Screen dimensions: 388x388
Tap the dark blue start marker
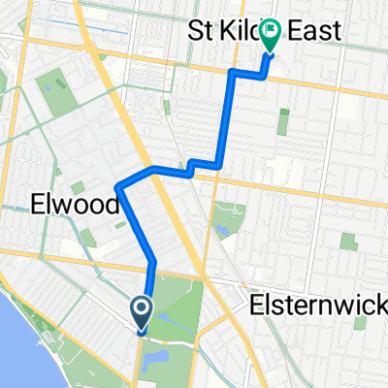(142, 312)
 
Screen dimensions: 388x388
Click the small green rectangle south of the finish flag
(283, 121)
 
